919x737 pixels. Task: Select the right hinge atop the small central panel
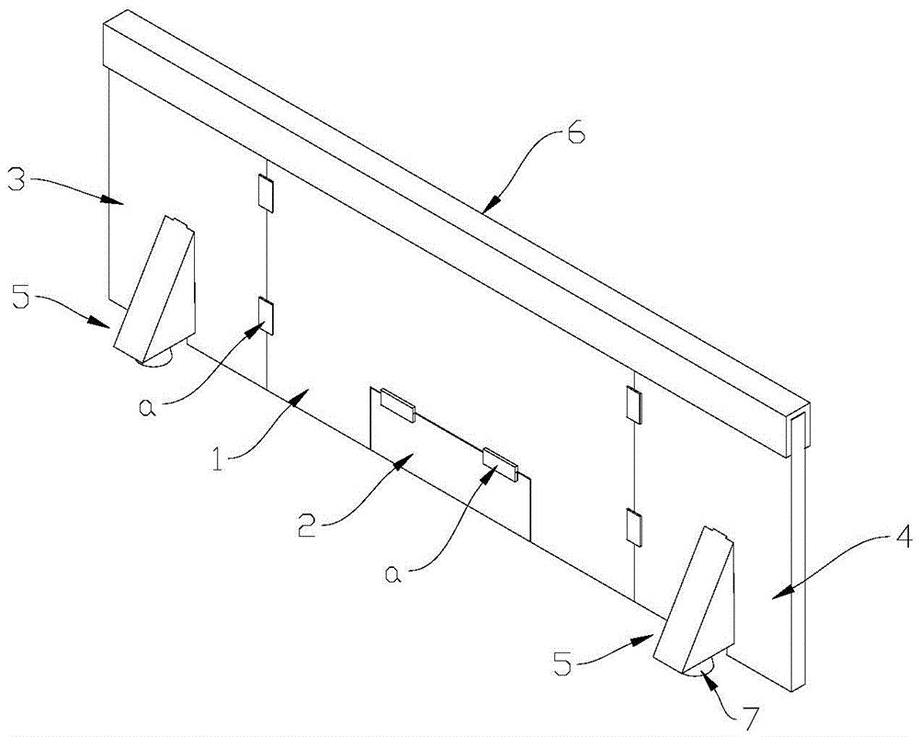502,462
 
